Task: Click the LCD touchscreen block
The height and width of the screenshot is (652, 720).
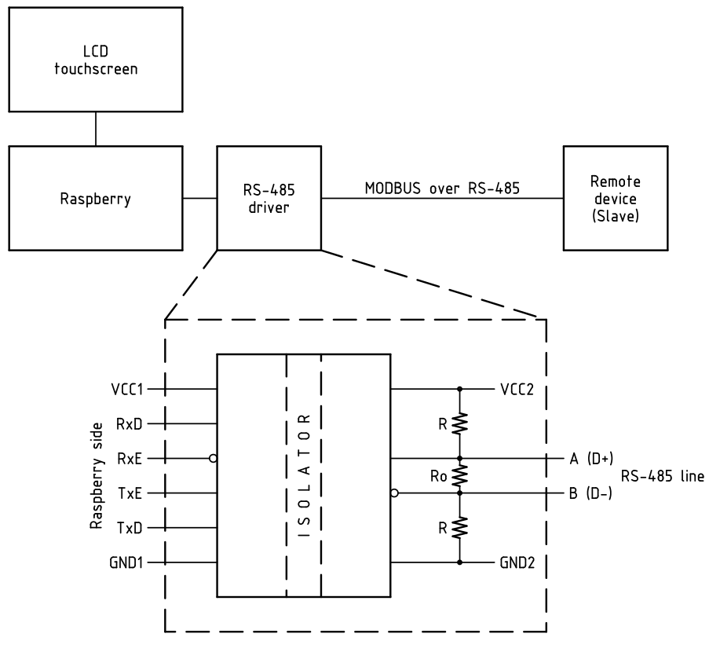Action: tap(95, 60)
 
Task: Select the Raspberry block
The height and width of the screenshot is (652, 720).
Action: tap(95, 198)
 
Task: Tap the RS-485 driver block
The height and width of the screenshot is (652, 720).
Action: tap(269, 198)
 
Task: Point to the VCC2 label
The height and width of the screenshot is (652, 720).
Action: tap(517, 388)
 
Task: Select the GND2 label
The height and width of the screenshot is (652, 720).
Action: tap(517, 562)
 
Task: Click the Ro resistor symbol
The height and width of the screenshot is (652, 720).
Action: tap(460, 475)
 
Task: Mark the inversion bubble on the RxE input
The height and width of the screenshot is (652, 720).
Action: tap(213, 458)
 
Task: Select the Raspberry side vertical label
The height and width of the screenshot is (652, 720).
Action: tap(97, 475)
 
